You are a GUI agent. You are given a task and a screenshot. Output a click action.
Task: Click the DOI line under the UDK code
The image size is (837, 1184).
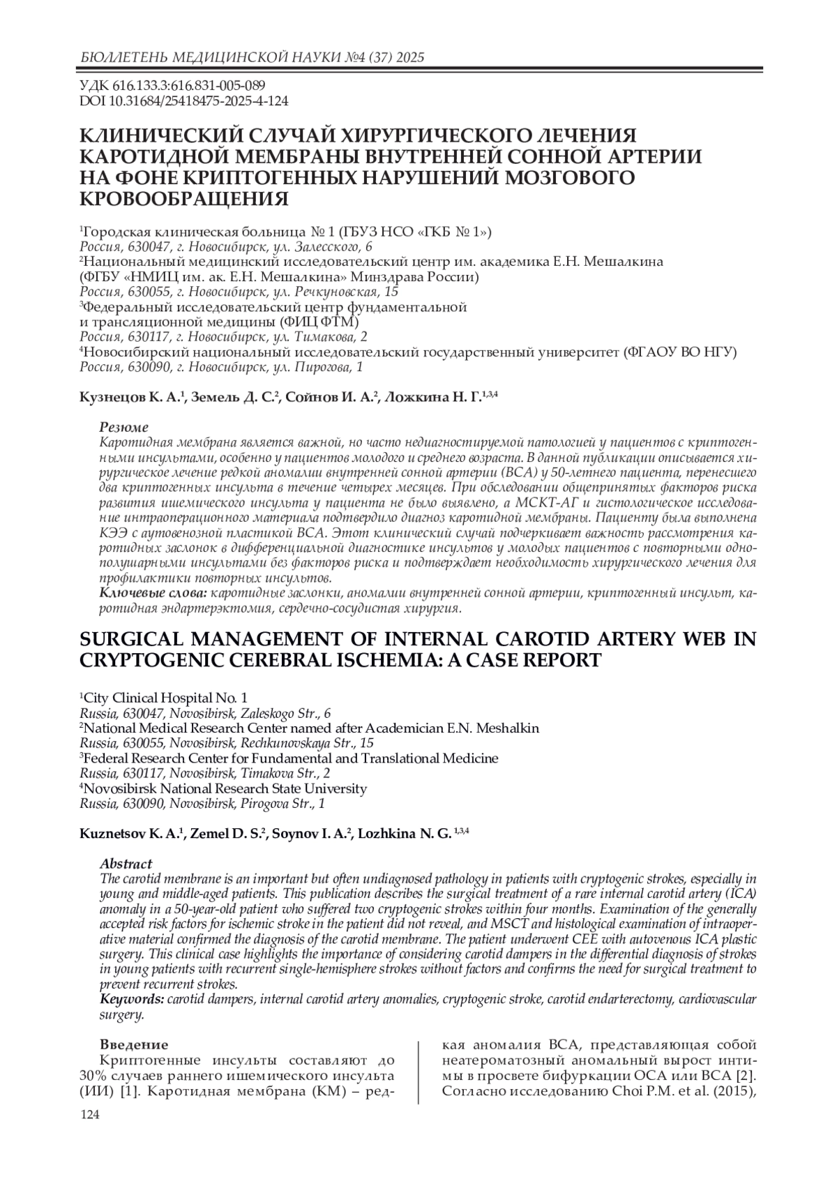pos(184,101)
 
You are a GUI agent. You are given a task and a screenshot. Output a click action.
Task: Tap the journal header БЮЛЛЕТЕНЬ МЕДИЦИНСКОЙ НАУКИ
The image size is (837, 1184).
pos(203,57)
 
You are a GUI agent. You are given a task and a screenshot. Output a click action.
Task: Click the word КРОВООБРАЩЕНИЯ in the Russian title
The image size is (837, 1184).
pos(185,198)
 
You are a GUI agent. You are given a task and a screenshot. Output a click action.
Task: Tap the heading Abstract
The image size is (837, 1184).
pos(126,864)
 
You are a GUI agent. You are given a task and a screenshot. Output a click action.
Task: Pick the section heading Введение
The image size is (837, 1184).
pos(134,1044)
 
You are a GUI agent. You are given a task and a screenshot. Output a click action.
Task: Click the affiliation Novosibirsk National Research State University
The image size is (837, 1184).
pos(224,788)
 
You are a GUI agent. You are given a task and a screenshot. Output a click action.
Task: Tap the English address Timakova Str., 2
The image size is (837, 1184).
pos(285,773)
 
